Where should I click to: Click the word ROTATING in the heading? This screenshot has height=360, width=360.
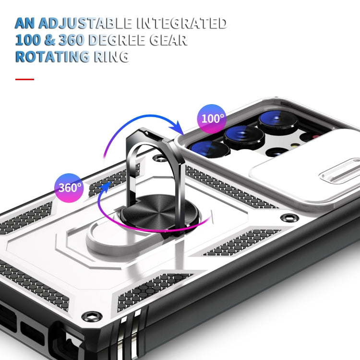point(52,56)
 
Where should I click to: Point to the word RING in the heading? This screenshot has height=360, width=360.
point(110,56)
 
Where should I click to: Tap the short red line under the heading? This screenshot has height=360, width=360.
point(24,79)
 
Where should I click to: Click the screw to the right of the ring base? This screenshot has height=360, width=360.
point(288,218)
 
